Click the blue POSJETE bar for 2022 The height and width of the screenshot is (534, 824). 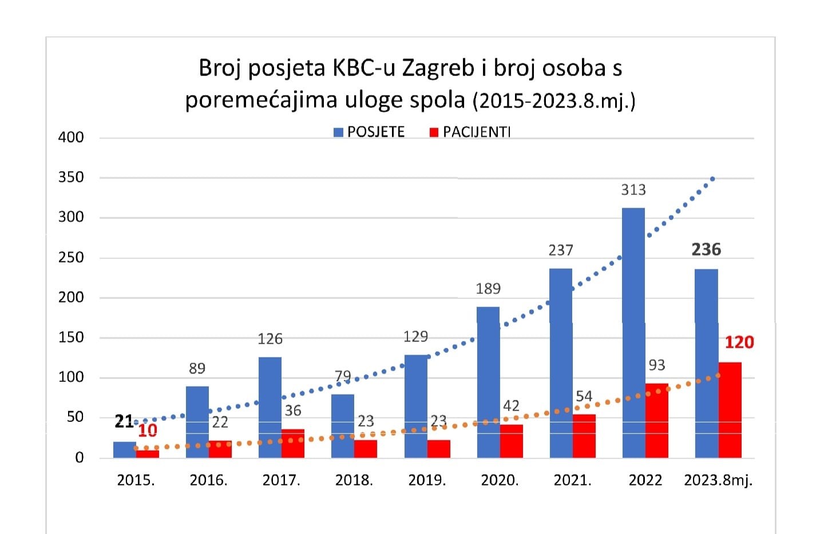coord(633,332)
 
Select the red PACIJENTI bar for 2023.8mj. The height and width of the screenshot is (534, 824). coord(730,409)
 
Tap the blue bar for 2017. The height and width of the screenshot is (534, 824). coord(270,407)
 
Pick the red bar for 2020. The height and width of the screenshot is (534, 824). coord(512,441)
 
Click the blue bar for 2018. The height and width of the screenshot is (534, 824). coord(343,425)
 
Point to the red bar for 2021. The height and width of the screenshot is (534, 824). coord(584,436)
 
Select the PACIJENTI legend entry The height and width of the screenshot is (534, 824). coord(470,132)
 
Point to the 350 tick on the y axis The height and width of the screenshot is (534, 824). coord(71,177)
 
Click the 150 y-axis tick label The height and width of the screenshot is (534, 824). coord(71,337)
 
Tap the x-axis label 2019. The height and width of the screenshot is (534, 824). coord(427,480)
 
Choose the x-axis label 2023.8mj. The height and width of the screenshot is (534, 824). coord(719,480)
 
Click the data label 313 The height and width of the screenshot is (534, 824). coord(633,190)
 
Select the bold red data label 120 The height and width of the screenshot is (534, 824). coord(739,342)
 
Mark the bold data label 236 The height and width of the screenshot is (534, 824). coord(706,249)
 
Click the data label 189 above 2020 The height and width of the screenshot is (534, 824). coord(488,289)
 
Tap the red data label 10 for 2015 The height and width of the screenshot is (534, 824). coord(148,431)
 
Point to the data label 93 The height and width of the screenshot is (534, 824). coord(657,365)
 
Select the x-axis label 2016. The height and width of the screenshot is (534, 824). coord(208,480)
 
